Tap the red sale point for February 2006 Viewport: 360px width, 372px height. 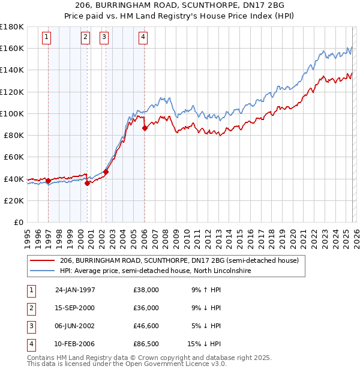point(145,128)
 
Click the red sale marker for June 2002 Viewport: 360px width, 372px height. point(106,172)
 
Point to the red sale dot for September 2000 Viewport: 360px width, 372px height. point(88,183)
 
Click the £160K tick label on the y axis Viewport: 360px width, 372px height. point(12,48)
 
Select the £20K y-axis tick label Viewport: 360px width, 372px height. point(14,200)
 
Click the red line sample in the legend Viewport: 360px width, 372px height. point(42,261)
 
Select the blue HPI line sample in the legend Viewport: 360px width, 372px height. point(42,271)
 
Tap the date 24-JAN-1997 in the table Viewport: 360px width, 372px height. point(75,290)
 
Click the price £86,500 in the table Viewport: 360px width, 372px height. point(146,344)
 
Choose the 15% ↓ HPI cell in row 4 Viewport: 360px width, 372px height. point(204,344)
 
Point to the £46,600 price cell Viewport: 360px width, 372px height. point(146,326)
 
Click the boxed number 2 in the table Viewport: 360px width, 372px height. point(30,308)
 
